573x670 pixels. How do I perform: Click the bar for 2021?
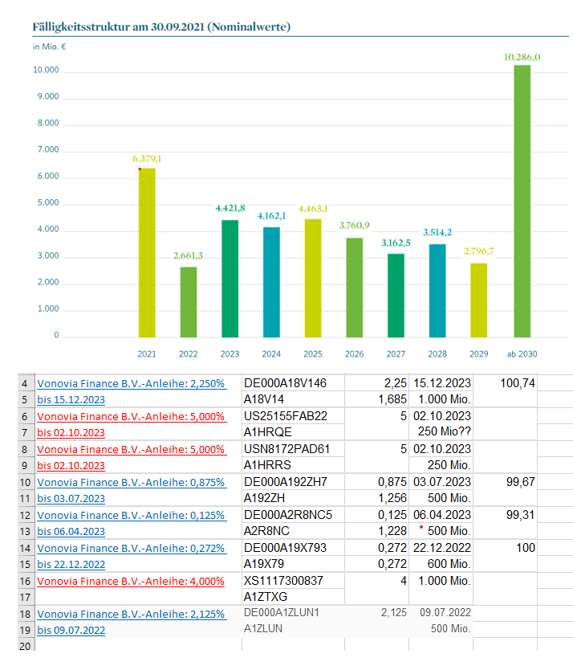pos(147,253)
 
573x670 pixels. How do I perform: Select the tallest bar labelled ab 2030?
pos(522,201)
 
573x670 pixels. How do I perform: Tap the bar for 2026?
pos(355,288)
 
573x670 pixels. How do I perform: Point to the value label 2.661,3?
pos(189,256)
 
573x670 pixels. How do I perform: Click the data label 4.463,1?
pos(313,209)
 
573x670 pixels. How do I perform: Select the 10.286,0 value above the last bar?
pos(522,57)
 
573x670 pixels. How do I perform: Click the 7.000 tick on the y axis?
pos(48,150)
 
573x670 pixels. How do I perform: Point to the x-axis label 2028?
pos(437,353)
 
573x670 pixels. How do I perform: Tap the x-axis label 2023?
pos(230,353)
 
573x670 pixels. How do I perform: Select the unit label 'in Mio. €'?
pos(49,47)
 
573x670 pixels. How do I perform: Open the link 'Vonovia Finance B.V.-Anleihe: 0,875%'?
pos(131,482)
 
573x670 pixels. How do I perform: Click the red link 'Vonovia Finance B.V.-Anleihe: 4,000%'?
pos(131,580)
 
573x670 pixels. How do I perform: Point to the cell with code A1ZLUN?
pos(266,630)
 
